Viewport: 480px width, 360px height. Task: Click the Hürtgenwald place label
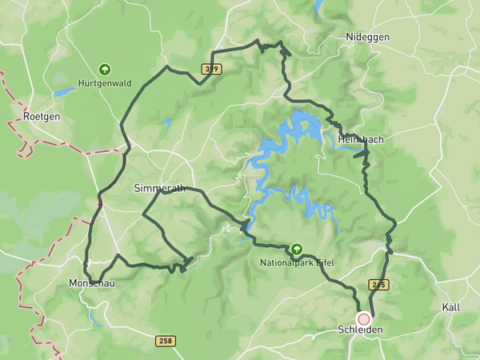[x=105, y=82]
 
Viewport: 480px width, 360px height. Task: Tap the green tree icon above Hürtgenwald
[x=105, y=70]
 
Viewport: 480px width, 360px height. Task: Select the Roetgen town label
[x=42, y=116]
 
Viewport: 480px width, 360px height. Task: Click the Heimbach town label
[x=361, y=139]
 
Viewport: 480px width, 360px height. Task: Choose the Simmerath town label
[x=158, y=188]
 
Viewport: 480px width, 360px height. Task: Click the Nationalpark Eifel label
[x=296, y=262]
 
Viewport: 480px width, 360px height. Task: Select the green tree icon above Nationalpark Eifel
[x=297, y=250]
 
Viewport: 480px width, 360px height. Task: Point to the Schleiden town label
[x=361, y=330]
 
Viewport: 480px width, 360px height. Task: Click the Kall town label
[x=451, y=307]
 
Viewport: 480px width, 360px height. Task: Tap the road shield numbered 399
[x=211, y=70]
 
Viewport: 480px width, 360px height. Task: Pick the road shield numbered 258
[x=166, y=342]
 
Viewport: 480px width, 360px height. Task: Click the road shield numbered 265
[x=378, y=285]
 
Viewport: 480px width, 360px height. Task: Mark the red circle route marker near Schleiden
[x=364, y=318]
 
